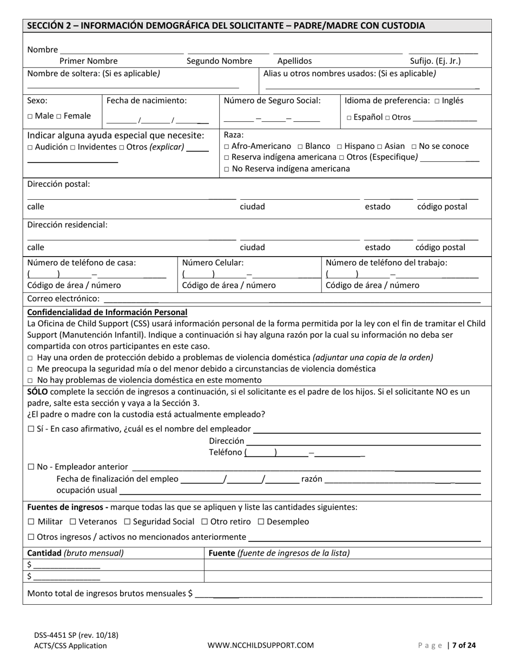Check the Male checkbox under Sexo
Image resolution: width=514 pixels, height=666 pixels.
click(30, 116)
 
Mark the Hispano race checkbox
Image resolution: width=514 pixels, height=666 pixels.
click(339, 147)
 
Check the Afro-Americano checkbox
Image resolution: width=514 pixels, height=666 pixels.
click(226, 147)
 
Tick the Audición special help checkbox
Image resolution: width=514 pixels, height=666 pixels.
click(30, 147)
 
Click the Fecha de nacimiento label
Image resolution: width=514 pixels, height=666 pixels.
click(146, 100)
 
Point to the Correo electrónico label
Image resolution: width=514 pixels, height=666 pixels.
click(63, 299)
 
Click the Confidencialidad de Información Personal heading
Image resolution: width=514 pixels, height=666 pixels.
click(107, 312)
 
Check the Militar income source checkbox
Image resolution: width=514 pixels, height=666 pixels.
click(31, 522)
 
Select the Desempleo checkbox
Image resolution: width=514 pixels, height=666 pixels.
click(261, 522)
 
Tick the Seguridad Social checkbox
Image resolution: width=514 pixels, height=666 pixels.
click(127, 522)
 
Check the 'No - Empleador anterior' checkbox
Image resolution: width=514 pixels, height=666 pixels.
click(31, 467)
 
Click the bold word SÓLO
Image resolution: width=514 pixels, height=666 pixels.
click(37, 391)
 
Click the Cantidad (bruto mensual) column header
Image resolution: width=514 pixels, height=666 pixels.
click(75, 553)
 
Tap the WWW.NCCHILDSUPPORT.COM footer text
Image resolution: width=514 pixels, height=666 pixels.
click(261, 645)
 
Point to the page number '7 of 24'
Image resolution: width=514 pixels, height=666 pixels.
click(464, 645)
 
